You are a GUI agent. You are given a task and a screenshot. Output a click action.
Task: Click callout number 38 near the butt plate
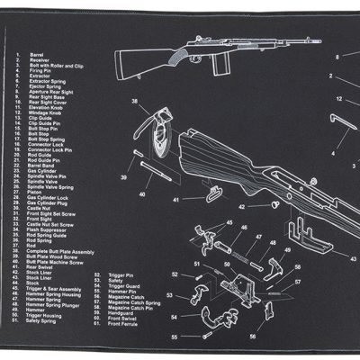click(136, 102)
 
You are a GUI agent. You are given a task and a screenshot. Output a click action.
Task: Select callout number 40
click(141, 194)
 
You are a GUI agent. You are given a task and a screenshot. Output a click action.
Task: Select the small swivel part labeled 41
click(215, 190)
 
